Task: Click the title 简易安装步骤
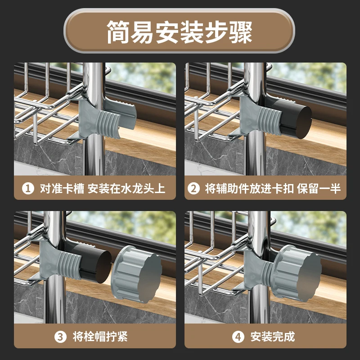[180, 32]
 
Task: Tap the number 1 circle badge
[28, 188]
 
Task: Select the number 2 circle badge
[193, 188]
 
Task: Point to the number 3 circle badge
[60, 337]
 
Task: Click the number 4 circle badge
[238, 337]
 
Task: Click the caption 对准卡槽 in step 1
[62, 189]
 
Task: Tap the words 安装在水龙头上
[126, 189]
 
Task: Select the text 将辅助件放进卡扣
[249, 189]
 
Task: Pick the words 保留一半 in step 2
[319, 189]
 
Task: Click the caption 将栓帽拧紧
[100, 337]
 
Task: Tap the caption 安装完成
[273, 337]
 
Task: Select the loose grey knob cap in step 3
[136, 274]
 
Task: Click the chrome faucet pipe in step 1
[94, 119]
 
